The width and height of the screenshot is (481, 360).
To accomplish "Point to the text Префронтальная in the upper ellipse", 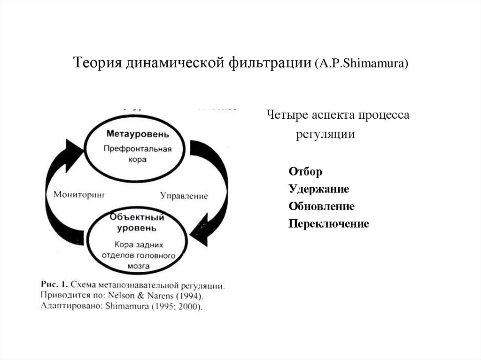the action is click(x=138, y=149).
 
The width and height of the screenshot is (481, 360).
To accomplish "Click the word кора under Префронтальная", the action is click(x=138, y=160).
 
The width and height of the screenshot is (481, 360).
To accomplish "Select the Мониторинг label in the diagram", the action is click(x=79, y=193).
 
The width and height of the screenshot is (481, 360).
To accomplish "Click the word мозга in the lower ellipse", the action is click(x=138, y=266).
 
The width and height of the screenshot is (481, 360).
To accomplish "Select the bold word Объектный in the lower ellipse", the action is click(x=137, y=217).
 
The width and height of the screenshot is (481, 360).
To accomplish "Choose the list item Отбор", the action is click(x=305, y=172).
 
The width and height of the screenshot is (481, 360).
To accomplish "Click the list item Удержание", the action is click(x=319, y=189).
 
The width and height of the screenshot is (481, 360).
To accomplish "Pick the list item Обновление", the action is click(x=321, y=207).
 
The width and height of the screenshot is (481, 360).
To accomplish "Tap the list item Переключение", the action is click(x=329, y=224).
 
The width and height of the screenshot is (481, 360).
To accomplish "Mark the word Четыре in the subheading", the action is click(x=284, y=115).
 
